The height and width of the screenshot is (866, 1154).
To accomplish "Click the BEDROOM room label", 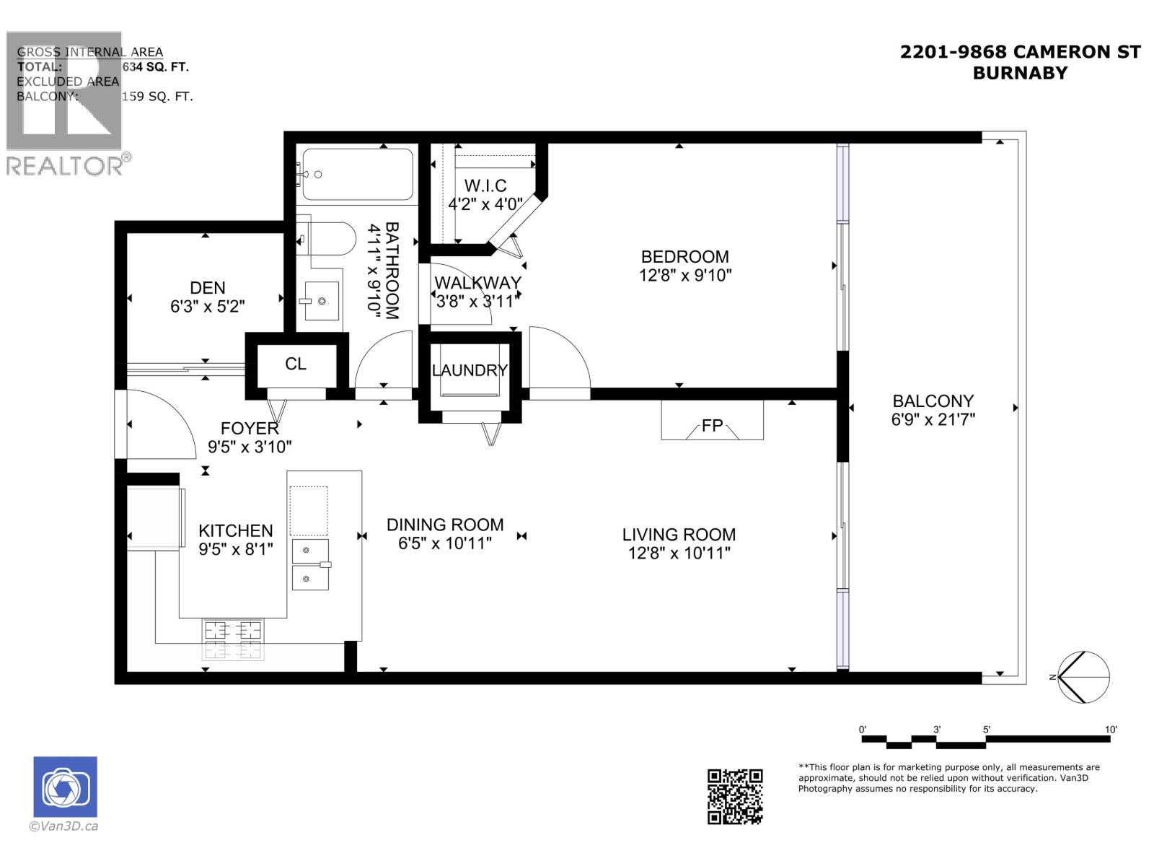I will (x=684, y=257).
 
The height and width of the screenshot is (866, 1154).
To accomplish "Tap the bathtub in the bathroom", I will (x=358, y=174).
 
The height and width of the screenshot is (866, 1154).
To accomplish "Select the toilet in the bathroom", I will (x=328, y=238).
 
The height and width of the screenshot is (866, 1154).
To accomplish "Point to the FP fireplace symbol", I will (x=712, y=426).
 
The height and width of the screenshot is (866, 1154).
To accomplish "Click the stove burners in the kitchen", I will (x=233, y=639).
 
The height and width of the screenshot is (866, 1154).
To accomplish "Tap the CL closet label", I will (x=296, y=364).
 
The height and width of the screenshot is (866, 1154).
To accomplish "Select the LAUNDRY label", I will (x=470, y=370).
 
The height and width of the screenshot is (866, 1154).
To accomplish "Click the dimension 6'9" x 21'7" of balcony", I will (x=933, y=419).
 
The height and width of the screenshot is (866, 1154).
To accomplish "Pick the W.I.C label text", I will (x=485, y=186).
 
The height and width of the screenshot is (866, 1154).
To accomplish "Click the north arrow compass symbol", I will (x=1083, y=677).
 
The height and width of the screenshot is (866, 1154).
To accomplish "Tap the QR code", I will (x=734, y=796).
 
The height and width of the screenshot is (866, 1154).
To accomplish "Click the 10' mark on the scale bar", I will (x=1111, y=730).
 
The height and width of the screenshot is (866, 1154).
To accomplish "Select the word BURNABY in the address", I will (x=1019, y=73).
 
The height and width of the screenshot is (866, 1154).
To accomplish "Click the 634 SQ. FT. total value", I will (x=155, y=66).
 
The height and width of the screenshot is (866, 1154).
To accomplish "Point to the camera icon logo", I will (x=65, y=787).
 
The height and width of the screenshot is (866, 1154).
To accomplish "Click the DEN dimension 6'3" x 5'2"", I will (x=208, y=307).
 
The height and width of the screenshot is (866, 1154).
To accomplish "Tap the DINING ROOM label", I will (x=445, y=525).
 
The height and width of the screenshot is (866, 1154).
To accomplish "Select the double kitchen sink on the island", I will (x=310, y=564).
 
